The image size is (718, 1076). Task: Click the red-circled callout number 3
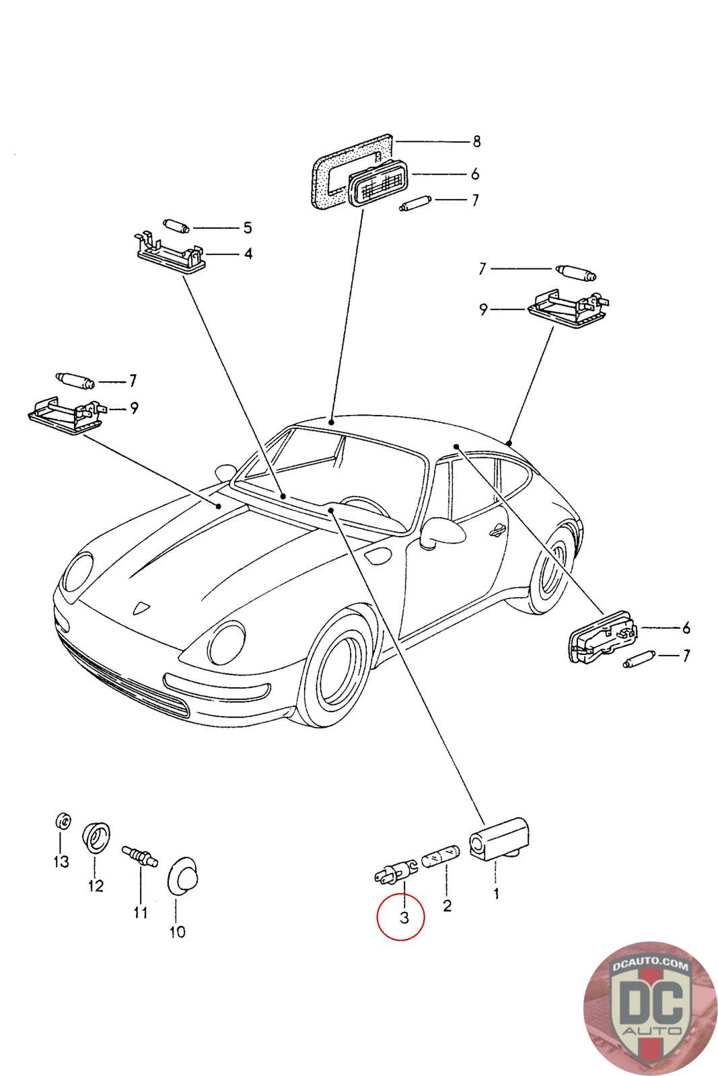[x=403, y=917]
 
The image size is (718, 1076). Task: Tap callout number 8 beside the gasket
[x=476, y=141]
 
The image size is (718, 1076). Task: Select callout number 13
[x=61, y=861]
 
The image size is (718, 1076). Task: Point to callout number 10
[x=177, y=931]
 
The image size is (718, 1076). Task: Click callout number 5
[x=247, y=227]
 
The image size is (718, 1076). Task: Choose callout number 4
[x=248, y=254]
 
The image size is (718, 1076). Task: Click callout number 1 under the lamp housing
[x=496, y=894]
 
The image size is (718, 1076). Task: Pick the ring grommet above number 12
[x=96, y=837]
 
